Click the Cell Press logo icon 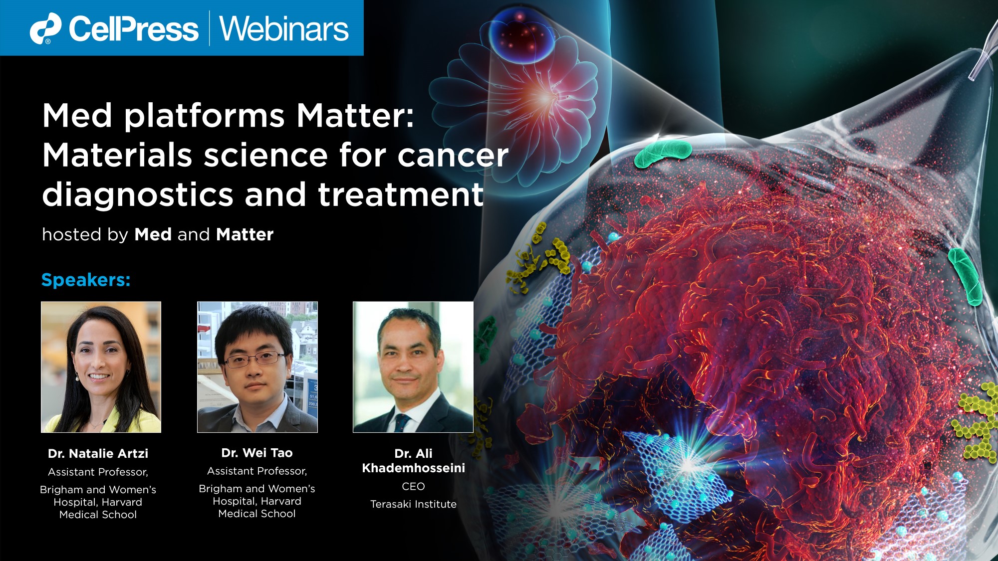tap(45, 28)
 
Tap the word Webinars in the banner tap(284, 29)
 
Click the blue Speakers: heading tap(86, 280)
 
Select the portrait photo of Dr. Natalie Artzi tap(101, 367)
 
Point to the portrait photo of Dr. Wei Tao tap(257, 367)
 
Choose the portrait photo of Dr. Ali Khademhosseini tap(413, 367)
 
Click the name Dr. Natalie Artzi tap(98, 453)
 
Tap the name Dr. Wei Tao tap(257, 453)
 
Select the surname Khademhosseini tap(413, 468)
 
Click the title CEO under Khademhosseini tap(413, 486)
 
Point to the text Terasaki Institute tap(413, 504)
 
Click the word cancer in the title tap(453, 155)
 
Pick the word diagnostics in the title tap(138, 194)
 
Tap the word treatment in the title tap(401, 194)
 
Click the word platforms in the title tap(204, 116)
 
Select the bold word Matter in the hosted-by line tap(245, 234)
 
